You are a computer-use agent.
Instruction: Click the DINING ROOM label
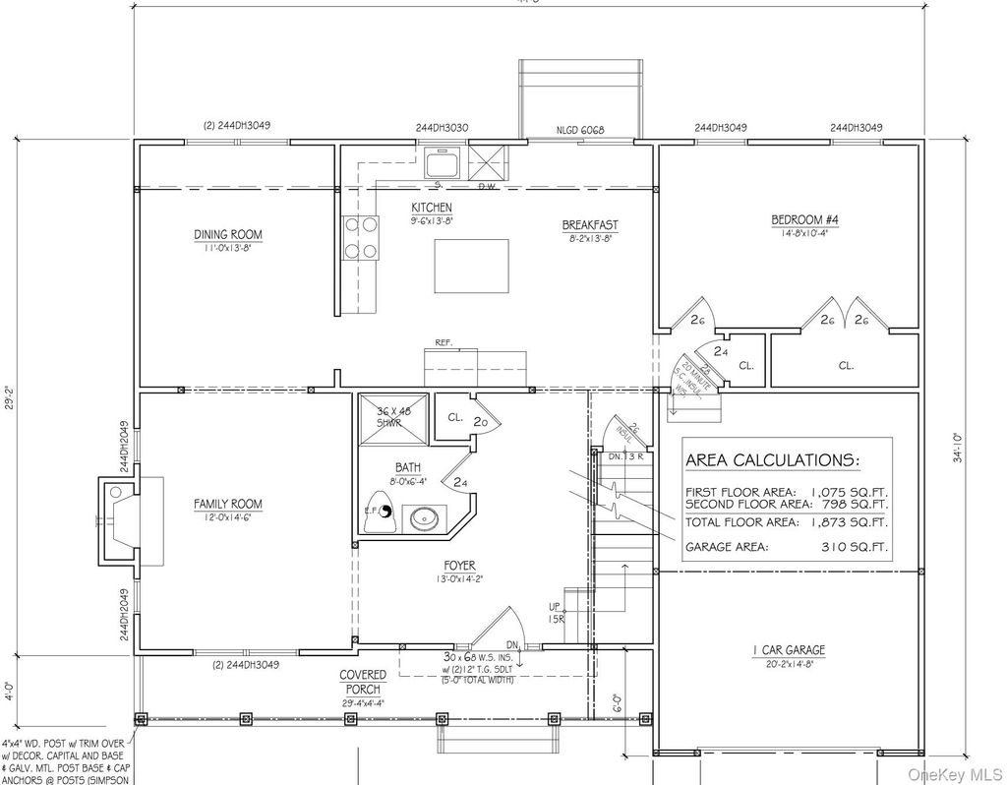tap(227, 234)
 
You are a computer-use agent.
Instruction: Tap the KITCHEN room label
tap(431, 208)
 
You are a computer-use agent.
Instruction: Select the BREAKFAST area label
tap(590, 225)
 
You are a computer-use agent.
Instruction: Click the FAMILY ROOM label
tap(227, 504)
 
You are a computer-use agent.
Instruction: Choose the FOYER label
tap(459, 566)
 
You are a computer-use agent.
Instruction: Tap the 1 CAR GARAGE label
tap(789, 650)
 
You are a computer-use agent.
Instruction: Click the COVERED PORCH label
tap(363, 682)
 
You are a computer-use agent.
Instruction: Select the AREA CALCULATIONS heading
tap(771, 460)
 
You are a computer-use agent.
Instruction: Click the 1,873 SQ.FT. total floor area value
tap(848, 521)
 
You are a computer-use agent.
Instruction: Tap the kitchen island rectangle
tap(471, 266)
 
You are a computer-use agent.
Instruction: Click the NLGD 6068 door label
tap(579, 129)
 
